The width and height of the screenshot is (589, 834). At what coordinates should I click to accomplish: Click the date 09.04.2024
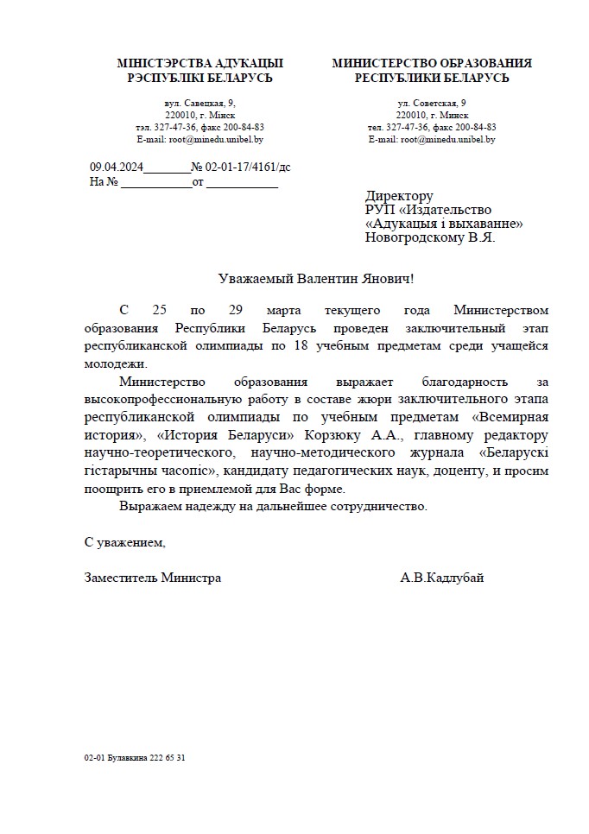click(x=116, y=167)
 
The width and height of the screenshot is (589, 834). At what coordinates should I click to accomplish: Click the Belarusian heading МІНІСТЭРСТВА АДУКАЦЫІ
click(x=199, y=63)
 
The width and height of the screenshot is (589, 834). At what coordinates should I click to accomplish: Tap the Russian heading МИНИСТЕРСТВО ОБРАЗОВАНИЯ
click(x=432, y=63)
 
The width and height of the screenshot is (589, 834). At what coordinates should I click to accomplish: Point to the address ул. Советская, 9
click(x=432, y=103)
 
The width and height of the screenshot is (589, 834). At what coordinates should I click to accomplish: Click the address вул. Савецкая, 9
click(x=199, y=103)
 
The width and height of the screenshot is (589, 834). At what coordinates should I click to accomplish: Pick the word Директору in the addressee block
click(x=399, y=196)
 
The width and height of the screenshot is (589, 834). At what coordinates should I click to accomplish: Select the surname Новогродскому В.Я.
click(x=430, y=237)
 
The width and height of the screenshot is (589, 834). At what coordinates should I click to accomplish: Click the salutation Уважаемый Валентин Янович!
click(x=315, y=278)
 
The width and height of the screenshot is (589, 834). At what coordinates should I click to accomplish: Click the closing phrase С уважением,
click(x=124, y=543)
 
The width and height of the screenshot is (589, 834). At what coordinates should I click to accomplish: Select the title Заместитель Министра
click(x=153, y=578)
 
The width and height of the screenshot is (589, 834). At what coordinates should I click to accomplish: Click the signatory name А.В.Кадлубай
click(x=442, y=578)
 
